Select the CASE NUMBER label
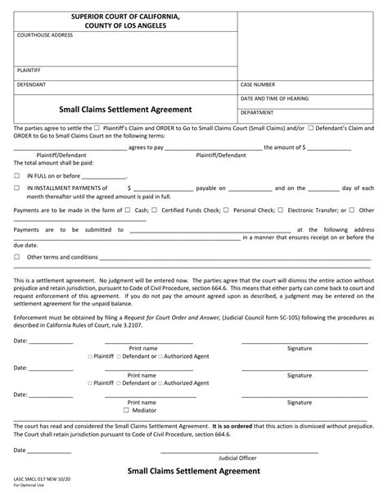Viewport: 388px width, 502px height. pos(257,84)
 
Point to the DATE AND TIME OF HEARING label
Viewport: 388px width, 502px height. pos(274,98)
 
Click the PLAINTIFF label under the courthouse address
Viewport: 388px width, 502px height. pos(29,71)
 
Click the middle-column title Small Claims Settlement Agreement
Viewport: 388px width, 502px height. pos(125,109)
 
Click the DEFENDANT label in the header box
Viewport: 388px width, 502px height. pos(30,84)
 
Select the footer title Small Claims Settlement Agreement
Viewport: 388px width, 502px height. pos(193,494)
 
